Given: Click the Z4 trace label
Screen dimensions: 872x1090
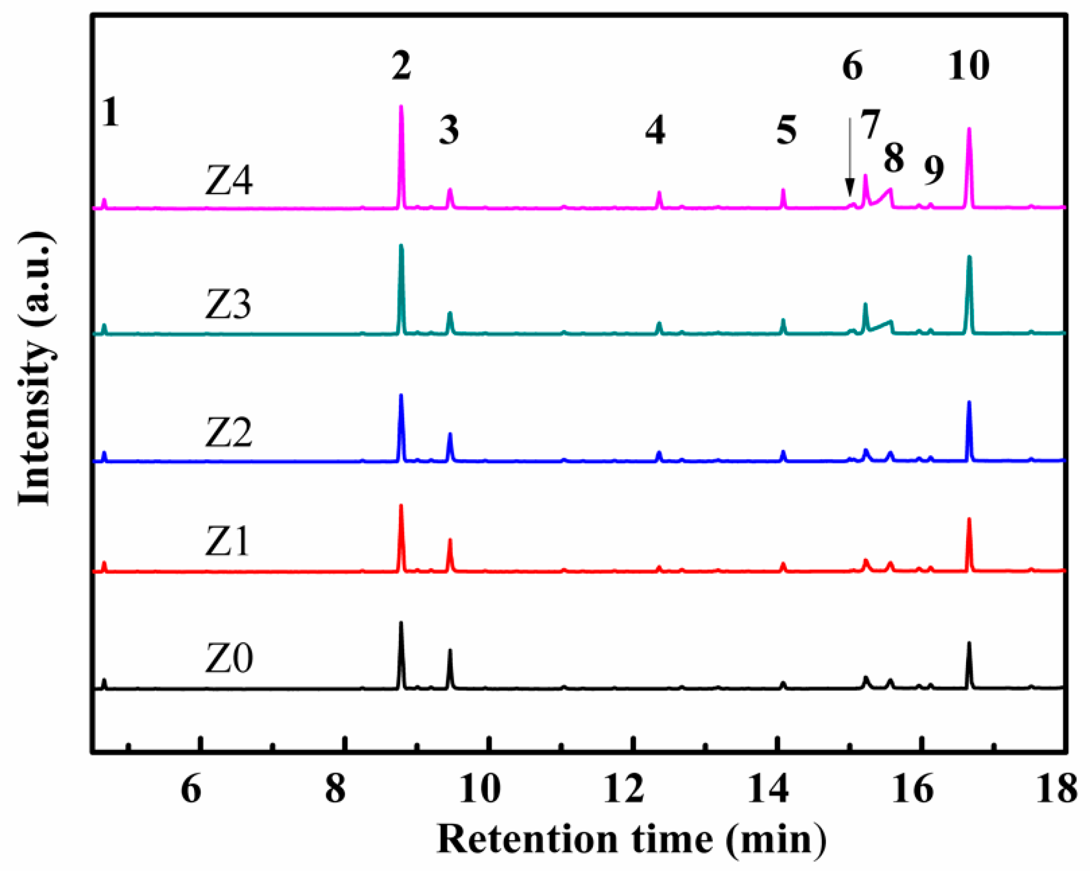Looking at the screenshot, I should [229, 182].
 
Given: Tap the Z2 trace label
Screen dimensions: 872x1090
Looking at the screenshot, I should [229, 434].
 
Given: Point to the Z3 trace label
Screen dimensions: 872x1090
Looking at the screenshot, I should [229, 305].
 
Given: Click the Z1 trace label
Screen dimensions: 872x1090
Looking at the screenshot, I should [229, 542].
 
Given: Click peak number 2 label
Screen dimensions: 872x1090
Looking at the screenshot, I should [401, 66].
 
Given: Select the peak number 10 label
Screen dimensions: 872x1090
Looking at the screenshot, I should [968, 66].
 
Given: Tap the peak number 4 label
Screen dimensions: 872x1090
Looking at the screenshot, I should [655, 130].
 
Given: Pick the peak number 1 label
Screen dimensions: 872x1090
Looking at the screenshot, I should [110, 112].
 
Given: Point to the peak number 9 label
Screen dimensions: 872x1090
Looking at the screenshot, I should [934, 170].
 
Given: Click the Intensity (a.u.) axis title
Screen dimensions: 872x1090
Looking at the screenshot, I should [36, 369].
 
